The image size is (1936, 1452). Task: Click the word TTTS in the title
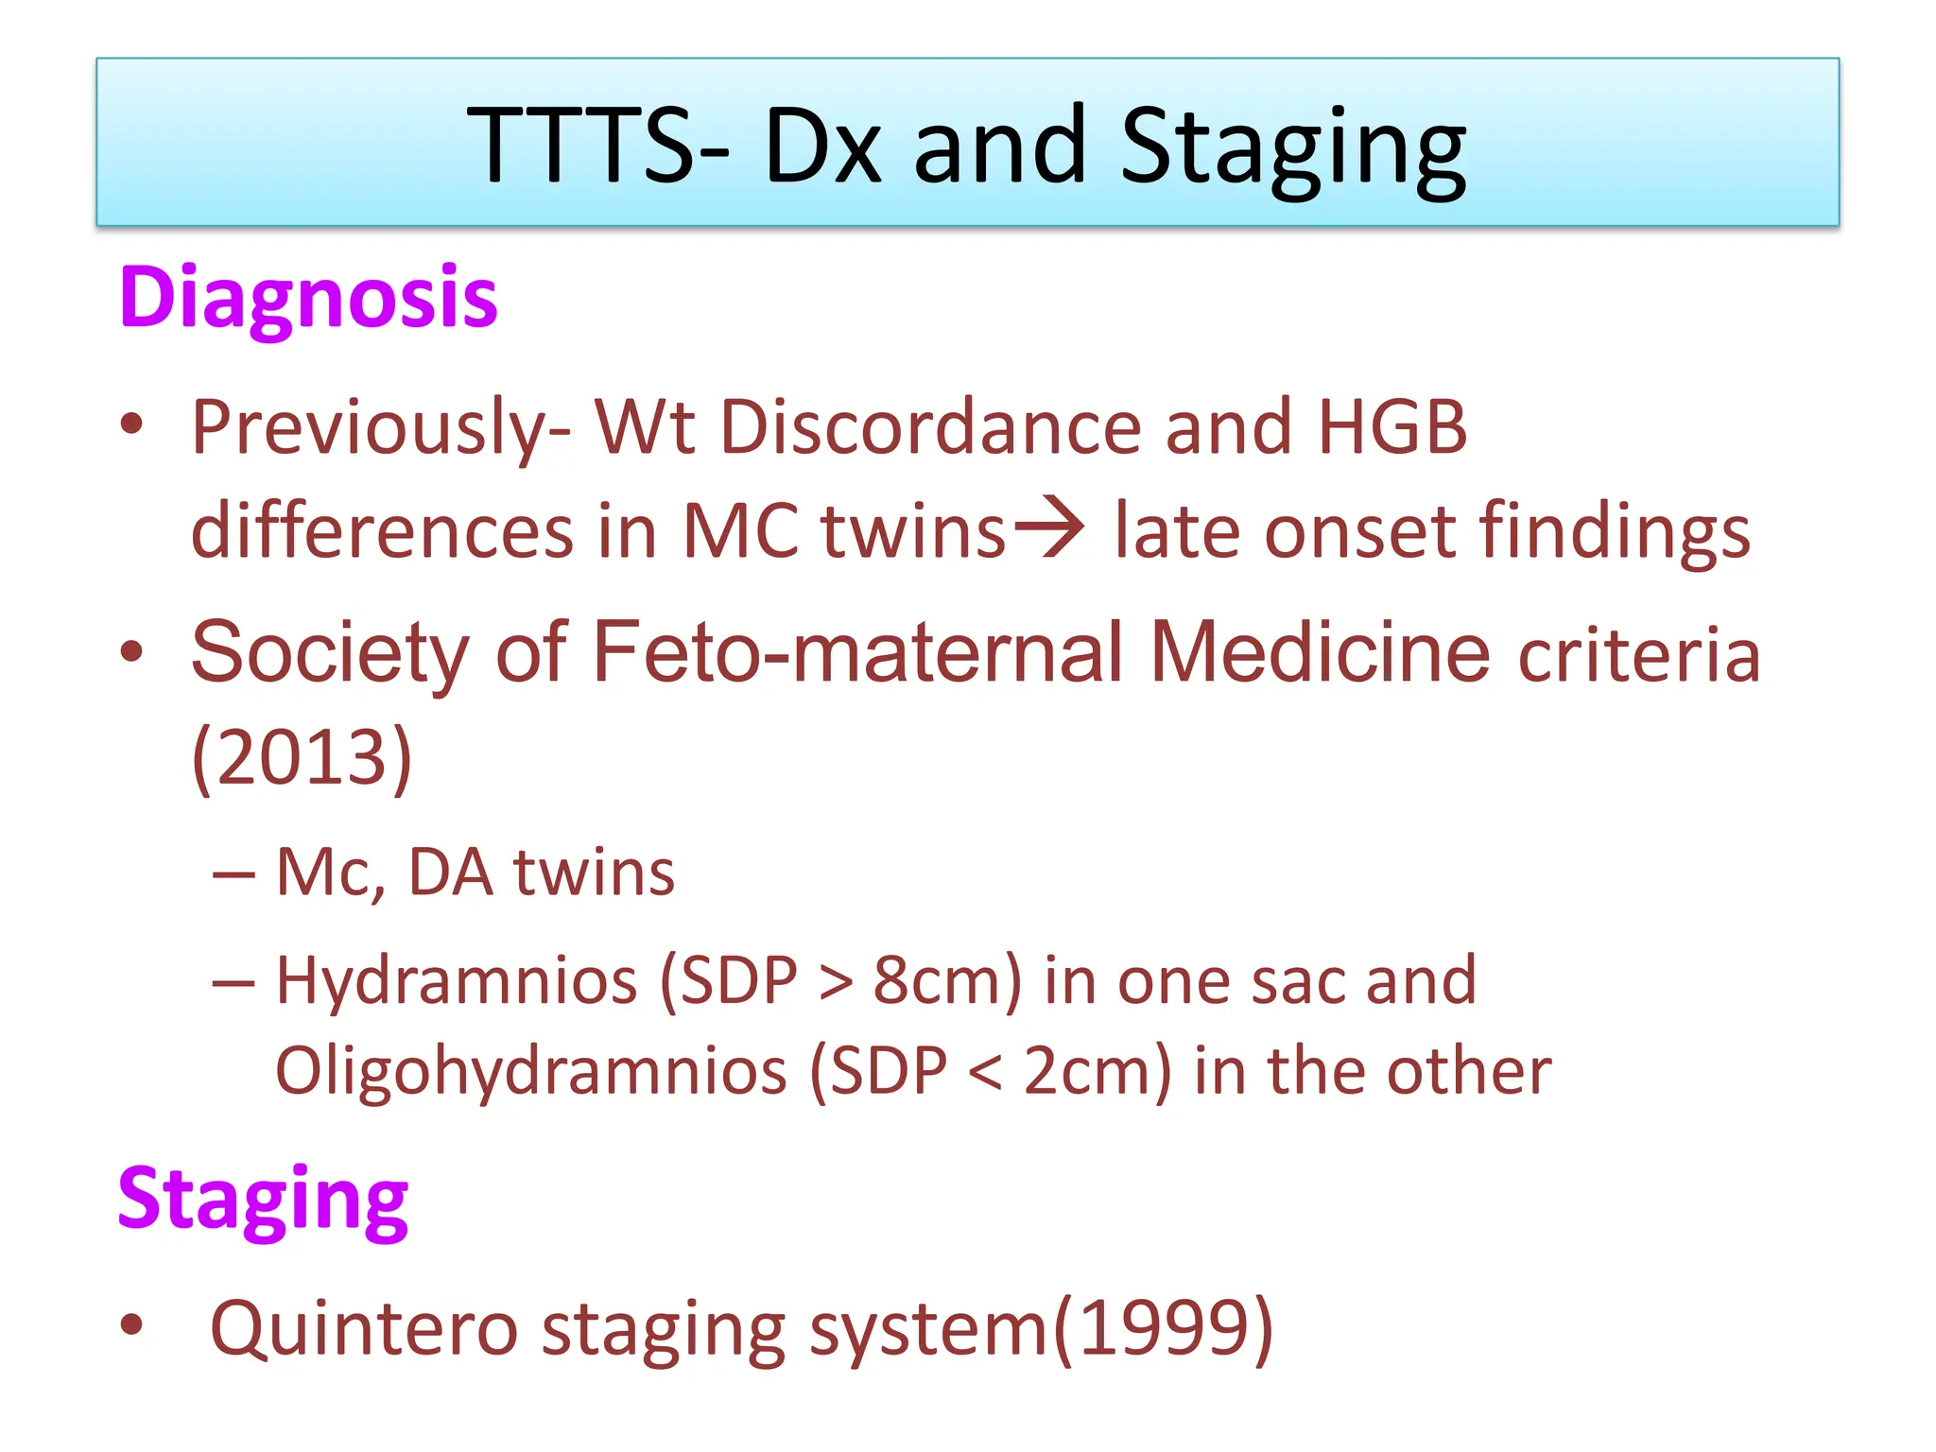click(596, 146)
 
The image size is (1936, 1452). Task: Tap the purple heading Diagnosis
click(308, 298)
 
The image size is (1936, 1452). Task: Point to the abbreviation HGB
click(1391, 427)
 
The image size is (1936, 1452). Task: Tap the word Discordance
click(930, 427)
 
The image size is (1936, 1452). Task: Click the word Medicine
click(1320, 652)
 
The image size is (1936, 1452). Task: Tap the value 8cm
click(936, 980)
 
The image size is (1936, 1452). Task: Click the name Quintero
click(364, 1328)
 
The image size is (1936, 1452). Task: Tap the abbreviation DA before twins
click(450, 872)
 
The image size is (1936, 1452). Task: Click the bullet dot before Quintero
click(131, 1324)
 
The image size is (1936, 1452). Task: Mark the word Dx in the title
click(821, 146)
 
